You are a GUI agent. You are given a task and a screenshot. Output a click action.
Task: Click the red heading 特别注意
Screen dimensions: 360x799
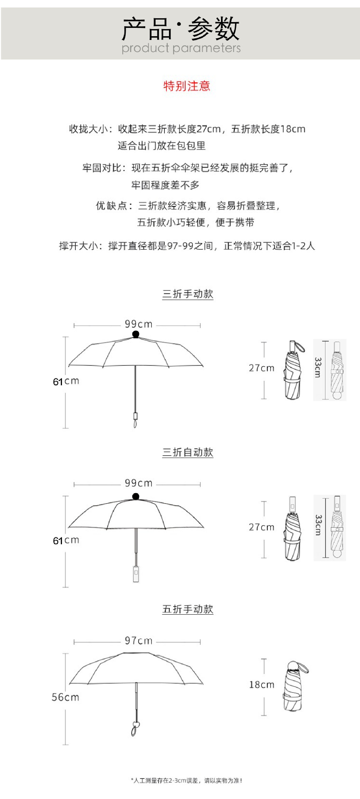point(186,86)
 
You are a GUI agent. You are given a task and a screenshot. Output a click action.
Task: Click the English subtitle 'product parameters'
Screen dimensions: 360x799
point(181,48)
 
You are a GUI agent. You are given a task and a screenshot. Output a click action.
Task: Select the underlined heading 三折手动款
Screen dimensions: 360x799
point(188,294)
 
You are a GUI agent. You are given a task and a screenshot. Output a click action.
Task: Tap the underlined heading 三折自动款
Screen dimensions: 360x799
point(188,452)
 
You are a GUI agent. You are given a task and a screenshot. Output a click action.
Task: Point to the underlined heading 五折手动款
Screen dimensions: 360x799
point(188,609)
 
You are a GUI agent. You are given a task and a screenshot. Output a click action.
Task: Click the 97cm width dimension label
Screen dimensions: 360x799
point(139,640)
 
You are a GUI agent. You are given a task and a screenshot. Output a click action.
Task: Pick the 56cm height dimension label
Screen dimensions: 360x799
point(65,697)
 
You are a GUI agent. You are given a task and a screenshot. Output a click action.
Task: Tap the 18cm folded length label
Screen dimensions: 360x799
point(261,685)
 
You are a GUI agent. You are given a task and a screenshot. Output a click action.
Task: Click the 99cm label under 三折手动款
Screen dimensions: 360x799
point(139,324)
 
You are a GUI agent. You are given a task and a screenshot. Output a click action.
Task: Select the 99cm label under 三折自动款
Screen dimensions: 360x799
point(139,483)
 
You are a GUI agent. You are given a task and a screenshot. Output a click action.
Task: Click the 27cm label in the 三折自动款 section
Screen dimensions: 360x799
point(261,527)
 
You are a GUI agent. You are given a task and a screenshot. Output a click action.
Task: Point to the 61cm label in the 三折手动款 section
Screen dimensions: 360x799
point(66,381)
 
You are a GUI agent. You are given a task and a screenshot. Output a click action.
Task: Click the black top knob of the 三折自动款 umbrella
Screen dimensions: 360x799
point(136,496)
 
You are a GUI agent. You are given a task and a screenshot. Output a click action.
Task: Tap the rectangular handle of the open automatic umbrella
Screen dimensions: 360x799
point(136,574)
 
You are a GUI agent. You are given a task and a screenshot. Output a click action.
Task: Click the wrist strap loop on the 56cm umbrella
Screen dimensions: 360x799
point(135,729)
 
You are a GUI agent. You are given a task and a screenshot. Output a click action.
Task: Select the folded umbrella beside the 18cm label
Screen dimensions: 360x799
point(294,686)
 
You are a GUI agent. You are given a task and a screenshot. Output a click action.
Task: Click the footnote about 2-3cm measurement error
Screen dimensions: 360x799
point(186,781)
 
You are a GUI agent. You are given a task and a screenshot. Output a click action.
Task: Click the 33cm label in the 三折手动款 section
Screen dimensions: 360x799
point(318,367)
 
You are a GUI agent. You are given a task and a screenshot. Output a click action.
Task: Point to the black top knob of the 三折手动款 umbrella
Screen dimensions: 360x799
point(136,335)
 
